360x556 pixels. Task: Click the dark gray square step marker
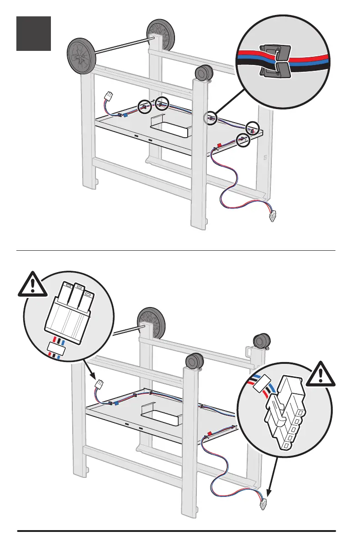(x=34, y=34)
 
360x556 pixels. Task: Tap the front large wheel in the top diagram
(x=81, y=56)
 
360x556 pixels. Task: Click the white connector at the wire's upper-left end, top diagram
(x=108, y=97)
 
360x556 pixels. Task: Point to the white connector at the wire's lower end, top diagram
(x=273, y=217)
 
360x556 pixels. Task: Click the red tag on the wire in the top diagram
(x=219, y=146)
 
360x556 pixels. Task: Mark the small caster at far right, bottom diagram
(x=260, y=341)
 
